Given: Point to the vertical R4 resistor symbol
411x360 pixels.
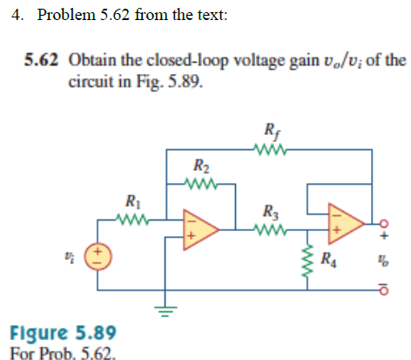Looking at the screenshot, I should pyautogui.click(x=306, y=259).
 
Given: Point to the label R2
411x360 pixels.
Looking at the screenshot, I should pyautogui.click(x=200, y=166).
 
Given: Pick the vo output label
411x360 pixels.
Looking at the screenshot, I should pyautogui.click(x=381, y=259).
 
